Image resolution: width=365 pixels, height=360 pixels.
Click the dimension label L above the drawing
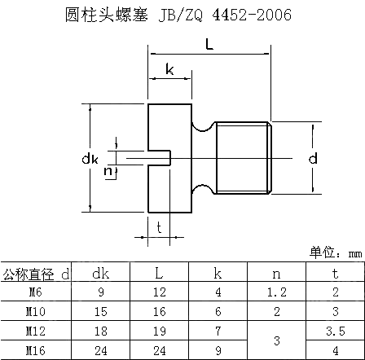209,44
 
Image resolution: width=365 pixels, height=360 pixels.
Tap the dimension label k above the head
169,69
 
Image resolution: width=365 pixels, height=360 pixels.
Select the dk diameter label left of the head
90,158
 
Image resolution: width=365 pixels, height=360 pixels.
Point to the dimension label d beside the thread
313,158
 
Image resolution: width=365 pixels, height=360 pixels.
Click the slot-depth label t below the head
159,227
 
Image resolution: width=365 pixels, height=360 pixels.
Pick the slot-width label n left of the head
108,171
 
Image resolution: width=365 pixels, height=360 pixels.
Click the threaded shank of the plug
244,158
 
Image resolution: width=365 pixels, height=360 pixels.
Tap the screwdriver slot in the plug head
160,158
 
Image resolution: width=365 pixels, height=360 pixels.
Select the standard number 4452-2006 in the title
252,15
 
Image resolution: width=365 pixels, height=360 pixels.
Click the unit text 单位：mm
336,252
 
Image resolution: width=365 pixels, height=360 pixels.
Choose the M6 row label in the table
36,292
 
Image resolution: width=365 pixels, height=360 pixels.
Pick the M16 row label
36,350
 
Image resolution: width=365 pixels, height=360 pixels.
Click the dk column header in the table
101,274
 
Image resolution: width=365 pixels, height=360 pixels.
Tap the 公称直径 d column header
36,274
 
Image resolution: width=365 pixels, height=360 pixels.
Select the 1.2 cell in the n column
277,292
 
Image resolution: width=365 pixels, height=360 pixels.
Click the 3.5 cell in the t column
336,331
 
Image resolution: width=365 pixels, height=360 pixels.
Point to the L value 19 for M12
160,331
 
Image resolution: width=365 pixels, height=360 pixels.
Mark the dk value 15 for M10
101,311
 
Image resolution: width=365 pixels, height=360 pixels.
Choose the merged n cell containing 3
277,340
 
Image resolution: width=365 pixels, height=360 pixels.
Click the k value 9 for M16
218,350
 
